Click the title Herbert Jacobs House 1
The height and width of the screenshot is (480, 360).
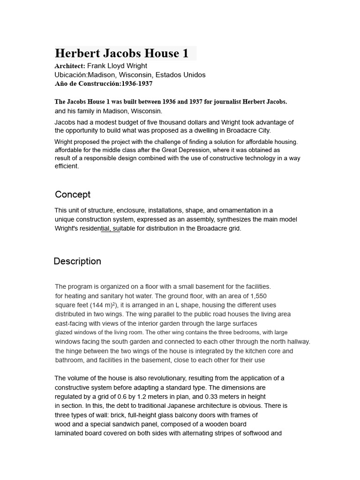(x=122, y=53)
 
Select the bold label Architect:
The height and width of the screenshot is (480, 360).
(x=70, y=66)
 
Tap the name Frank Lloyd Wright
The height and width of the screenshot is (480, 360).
(x=117, y=66)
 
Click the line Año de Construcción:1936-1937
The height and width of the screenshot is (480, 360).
(x=104, y=84)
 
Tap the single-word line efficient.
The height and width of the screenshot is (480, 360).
(x=67, y=166)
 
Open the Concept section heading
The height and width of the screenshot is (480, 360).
(x=73, y=195)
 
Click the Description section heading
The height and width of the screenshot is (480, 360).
(x=77, y=262)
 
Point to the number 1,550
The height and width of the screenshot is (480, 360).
(x=258, y=296)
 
